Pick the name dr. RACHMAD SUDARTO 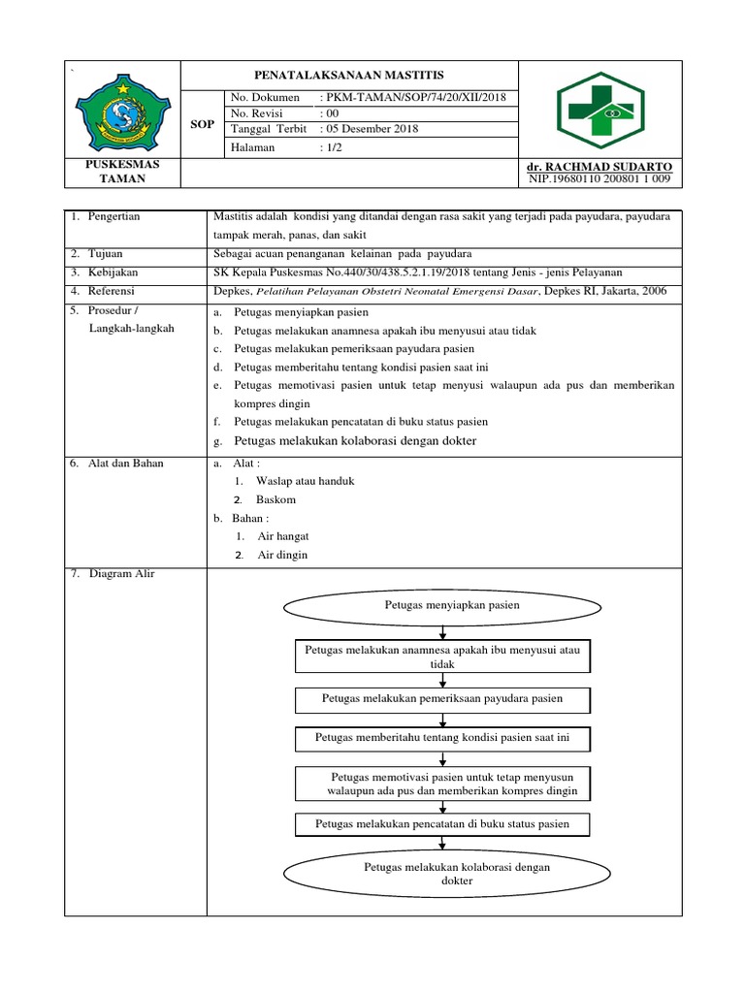click(598, 168)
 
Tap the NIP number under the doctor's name click(599, 179)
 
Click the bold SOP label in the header click(203, 124)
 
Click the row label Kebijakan click(112, 272)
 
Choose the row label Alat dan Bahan click(126, 464)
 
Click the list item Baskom click(275, 500)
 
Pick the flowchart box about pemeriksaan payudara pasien click(441, 698)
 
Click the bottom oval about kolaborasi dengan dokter click(442, 874)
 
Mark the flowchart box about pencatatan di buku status click(441, 824)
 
